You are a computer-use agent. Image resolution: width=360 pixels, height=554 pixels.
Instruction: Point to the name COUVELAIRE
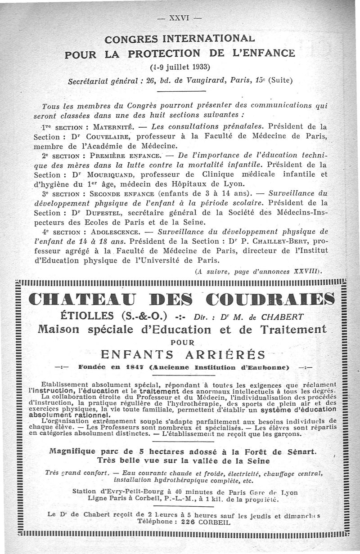point(109,135)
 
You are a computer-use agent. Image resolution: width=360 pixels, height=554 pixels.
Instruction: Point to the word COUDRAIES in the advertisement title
point(270,299)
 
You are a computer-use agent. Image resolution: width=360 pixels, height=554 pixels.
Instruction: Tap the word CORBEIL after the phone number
point(213,523)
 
